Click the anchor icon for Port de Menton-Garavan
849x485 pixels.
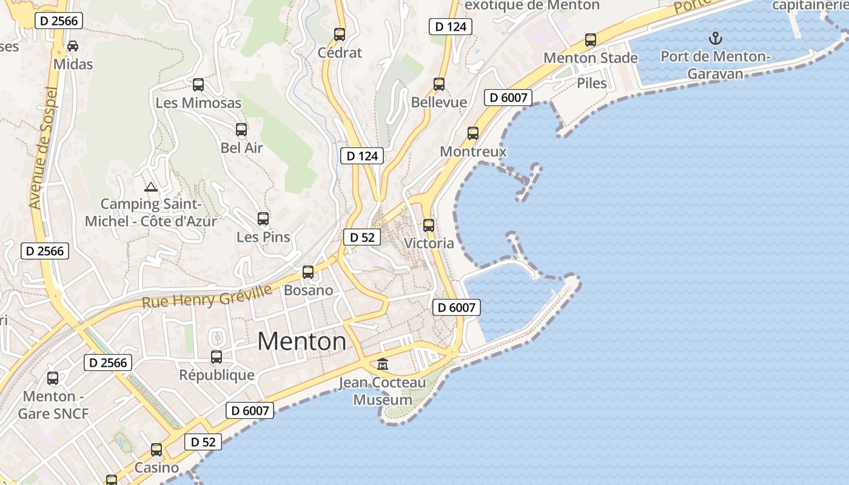tap(716, 38)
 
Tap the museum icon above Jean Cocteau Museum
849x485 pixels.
tap(383, 364)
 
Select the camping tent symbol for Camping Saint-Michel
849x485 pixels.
tap(150, 187)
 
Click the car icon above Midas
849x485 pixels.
tap(73, 46)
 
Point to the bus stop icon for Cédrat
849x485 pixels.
tap(340, 35)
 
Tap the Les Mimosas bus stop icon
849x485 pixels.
tap(198, 85)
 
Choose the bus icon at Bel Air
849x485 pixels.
tap(241, 130)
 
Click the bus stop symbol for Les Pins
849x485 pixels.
tap(263, 219)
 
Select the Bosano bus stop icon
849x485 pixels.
tap(308, 272)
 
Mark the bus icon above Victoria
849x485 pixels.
tap(429, 226)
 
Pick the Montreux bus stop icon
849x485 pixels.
tap(473, 133)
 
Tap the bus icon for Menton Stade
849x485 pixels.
tap(591, 40)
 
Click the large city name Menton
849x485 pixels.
tap(302, 341)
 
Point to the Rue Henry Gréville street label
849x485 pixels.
tap(207, 296)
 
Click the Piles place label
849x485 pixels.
tap(592, 83)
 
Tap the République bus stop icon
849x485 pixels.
tap(216, 357)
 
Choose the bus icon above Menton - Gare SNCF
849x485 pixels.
tap(53, 378)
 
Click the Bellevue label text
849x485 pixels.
tap(439, 102)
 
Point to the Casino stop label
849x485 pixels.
tap(156, 467)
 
